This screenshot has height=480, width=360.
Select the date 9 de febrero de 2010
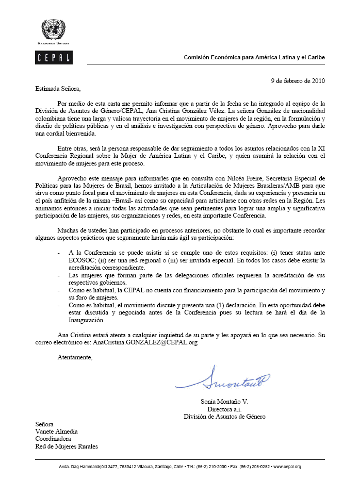[x=298, y=80]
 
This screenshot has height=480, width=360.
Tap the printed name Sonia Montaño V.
[x=225, y=401]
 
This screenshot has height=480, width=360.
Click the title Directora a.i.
[x=225, y=409]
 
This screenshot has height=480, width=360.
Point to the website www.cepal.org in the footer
[x=287, y=467]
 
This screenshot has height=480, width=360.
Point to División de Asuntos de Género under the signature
[x=225, y=416]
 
